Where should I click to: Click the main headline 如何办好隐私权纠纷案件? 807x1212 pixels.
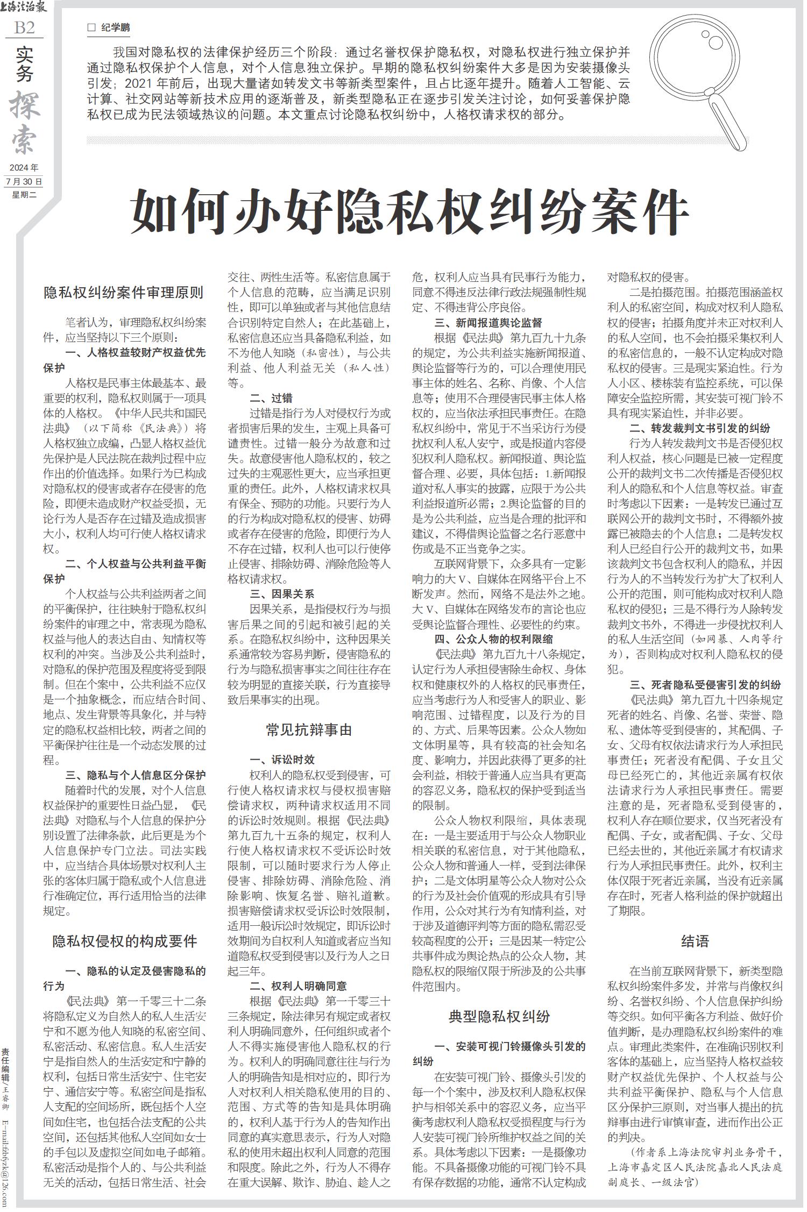pos(410,210)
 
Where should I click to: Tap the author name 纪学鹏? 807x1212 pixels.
pos(116,28)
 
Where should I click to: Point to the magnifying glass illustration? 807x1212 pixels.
pos(700,81)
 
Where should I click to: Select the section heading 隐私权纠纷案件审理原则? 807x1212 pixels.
pos(124,293)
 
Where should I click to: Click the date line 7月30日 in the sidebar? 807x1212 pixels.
pos(24,181)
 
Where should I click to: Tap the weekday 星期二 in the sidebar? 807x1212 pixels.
pos(24,195)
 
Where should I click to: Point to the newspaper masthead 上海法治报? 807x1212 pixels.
pos(25,8)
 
